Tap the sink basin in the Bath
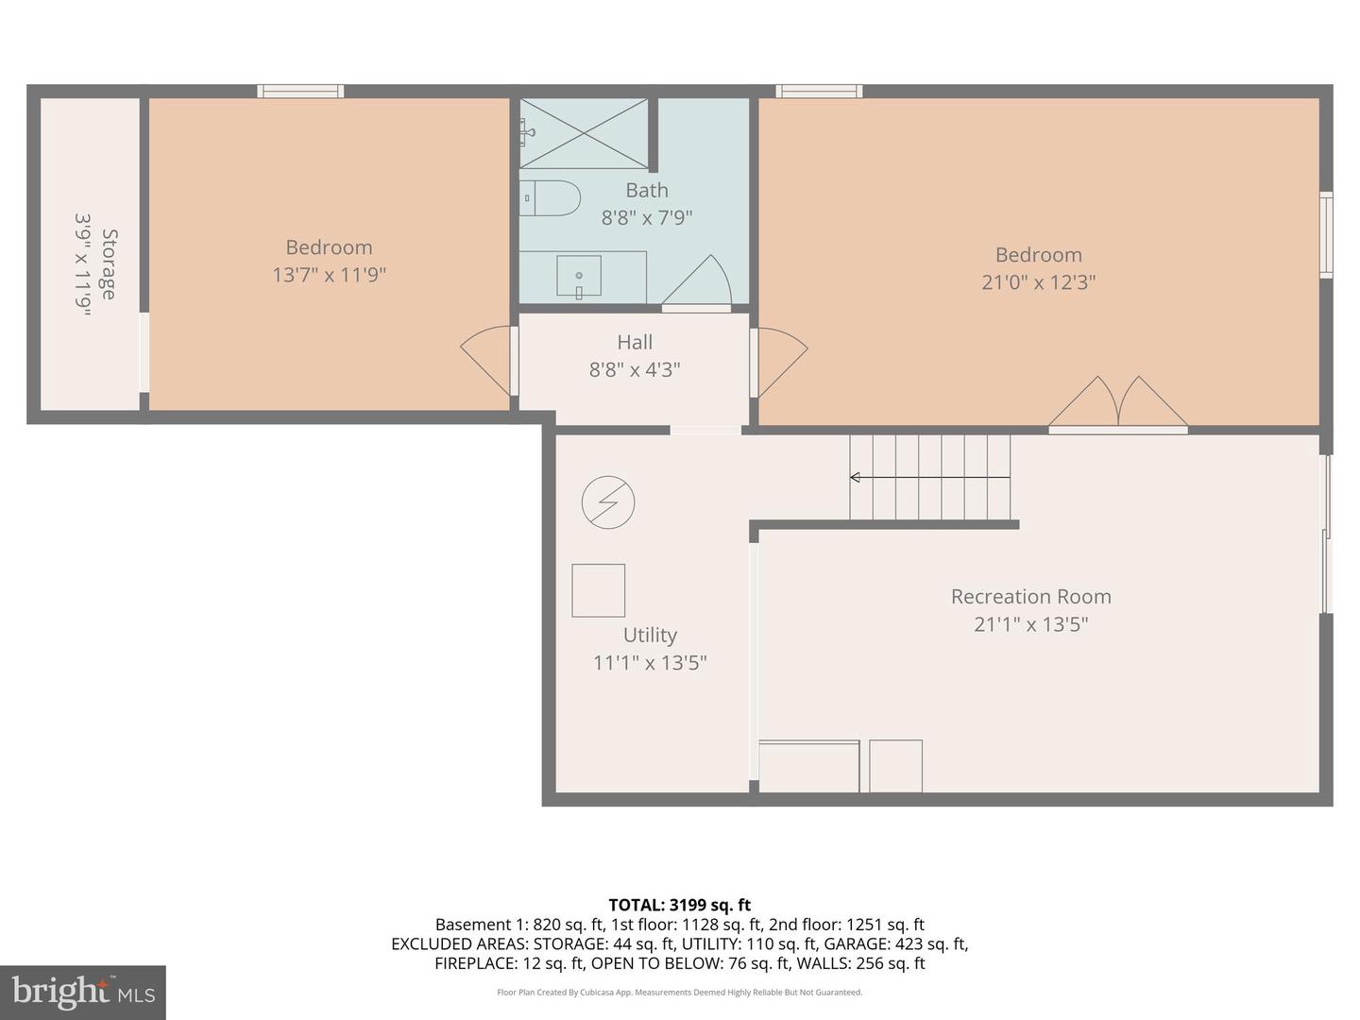click(579, 276)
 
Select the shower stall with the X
click(584, 133)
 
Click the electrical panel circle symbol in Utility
click(608, 501)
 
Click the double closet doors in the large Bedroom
click(1118, 403)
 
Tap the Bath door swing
click(699, 283)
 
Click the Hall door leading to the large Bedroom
click(778, 362)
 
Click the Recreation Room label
click(1030, 597)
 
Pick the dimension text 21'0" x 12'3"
click(1038, 282)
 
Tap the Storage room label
click(110, 264)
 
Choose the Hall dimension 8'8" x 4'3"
click(635, 369)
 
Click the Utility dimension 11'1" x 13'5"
click(650, 663)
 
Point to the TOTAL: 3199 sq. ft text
click(679, 905)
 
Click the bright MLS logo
click(83, 992)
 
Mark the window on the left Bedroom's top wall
click(300, 92)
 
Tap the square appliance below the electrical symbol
click(598, 590)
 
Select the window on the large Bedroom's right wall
click(1326, 234)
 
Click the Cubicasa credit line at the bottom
click(679, 993)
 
